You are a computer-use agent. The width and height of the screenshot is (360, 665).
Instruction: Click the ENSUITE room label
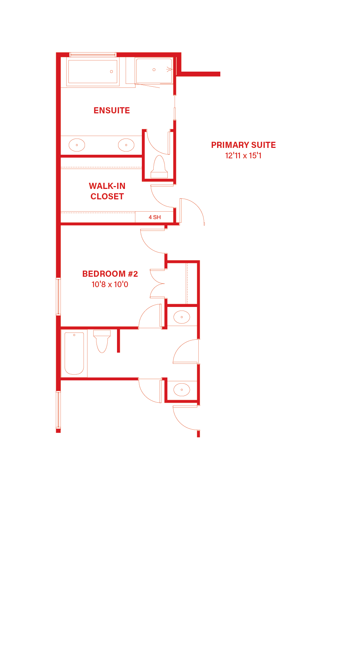(x=112, y=110)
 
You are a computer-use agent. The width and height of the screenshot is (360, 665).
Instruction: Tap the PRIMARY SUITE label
(x=243, y=145)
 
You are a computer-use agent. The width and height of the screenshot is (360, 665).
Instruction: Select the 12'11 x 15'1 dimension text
(x=243, y=155)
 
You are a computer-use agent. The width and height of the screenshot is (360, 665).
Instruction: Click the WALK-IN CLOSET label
(x=107, y=191)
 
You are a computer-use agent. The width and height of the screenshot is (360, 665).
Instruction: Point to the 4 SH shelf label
(x=155, y=217)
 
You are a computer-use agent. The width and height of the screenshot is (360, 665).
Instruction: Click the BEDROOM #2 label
(x=110, y=274)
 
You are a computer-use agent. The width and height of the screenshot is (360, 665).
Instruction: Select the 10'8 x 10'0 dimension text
(x=110, y=284)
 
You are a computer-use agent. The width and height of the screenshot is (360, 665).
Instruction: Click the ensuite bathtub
(x=93, y=72)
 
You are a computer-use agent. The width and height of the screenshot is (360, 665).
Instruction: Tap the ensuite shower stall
(x=154, y=71)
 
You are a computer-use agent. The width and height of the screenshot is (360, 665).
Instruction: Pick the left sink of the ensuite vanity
(x=77, y=145)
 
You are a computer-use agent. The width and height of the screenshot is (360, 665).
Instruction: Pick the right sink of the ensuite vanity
(x=126, y=145)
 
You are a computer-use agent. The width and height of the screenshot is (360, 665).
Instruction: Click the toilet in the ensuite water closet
(x=159, y=167)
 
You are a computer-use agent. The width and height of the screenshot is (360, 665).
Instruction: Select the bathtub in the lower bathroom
(x=74, y=353)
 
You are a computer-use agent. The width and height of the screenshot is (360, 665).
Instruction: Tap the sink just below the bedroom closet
(x=182, y=317)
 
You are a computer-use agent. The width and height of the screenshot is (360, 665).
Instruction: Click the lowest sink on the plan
(x=182, y=390)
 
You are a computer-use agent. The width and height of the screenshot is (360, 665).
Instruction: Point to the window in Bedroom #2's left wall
(x=58, y=297)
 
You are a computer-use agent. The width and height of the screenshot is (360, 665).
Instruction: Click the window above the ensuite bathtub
(x=93, y=55)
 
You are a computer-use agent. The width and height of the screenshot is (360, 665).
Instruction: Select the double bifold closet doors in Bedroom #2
(x=157, y=284)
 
